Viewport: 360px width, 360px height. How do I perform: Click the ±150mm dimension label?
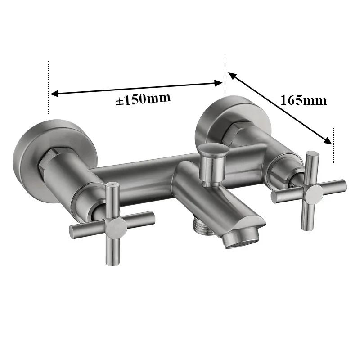143,99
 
